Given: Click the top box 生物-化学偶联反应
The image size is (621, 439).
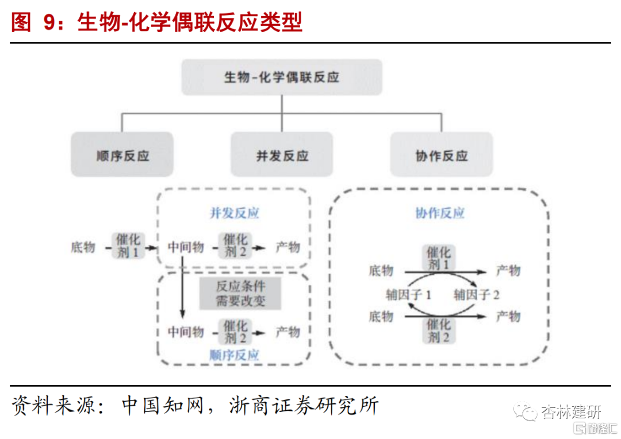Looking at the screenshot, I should tap(282, 77).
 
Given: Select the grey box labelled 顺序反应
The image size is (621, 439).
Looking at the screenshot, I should tap(122, 155).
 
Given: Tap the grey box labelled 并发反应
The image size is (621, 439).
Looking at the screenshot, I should tap(282, 155).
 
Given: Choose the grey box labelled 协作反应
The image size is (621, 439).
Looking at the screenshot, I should tap(441, 155).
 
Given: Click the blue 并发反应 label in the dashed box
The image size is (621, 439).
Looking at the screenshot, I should tap(234, 213).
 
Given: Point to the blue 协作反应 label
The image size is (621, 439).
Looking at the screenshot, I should tap(439, 213).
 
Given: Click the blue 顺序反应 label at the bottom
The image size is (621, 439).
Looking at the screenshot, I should tap(234, 355).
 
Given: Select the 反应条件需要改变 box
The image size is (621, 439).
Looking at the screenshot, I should tap(240, 294).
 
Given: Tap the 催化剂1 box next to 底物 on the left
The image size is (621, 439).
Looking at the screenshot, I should tap(128, 246).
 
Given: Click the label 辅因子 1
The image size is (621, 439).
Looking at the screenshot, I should tap(408, 295).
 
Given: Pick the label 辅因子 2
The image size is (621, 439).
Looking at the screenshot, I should tap(477, 295).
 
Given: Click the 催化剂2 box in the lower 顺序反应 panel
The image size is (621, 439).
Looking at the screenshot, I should tap(235, 332).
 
